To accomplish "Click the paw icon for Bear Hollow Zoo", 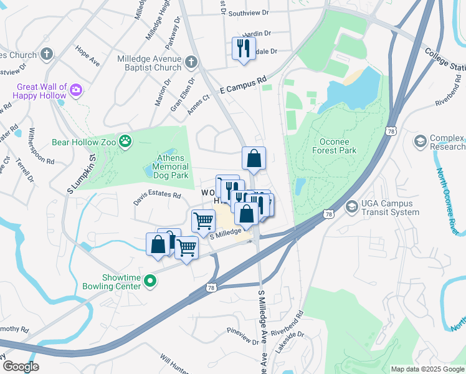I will click(126, 141).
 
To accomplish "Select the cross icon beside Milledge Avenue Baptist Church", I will click(192, 63).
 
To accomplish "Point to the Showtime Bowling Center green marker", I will click(150, 282).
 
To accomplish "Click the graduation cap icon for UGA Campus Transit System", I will click(352, 206).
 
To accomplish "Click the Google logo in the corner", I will click(20, 367).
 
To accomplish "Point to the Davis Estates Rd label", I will click(156, 198).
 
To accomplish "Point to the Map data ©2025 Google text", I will click(427, 369).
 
